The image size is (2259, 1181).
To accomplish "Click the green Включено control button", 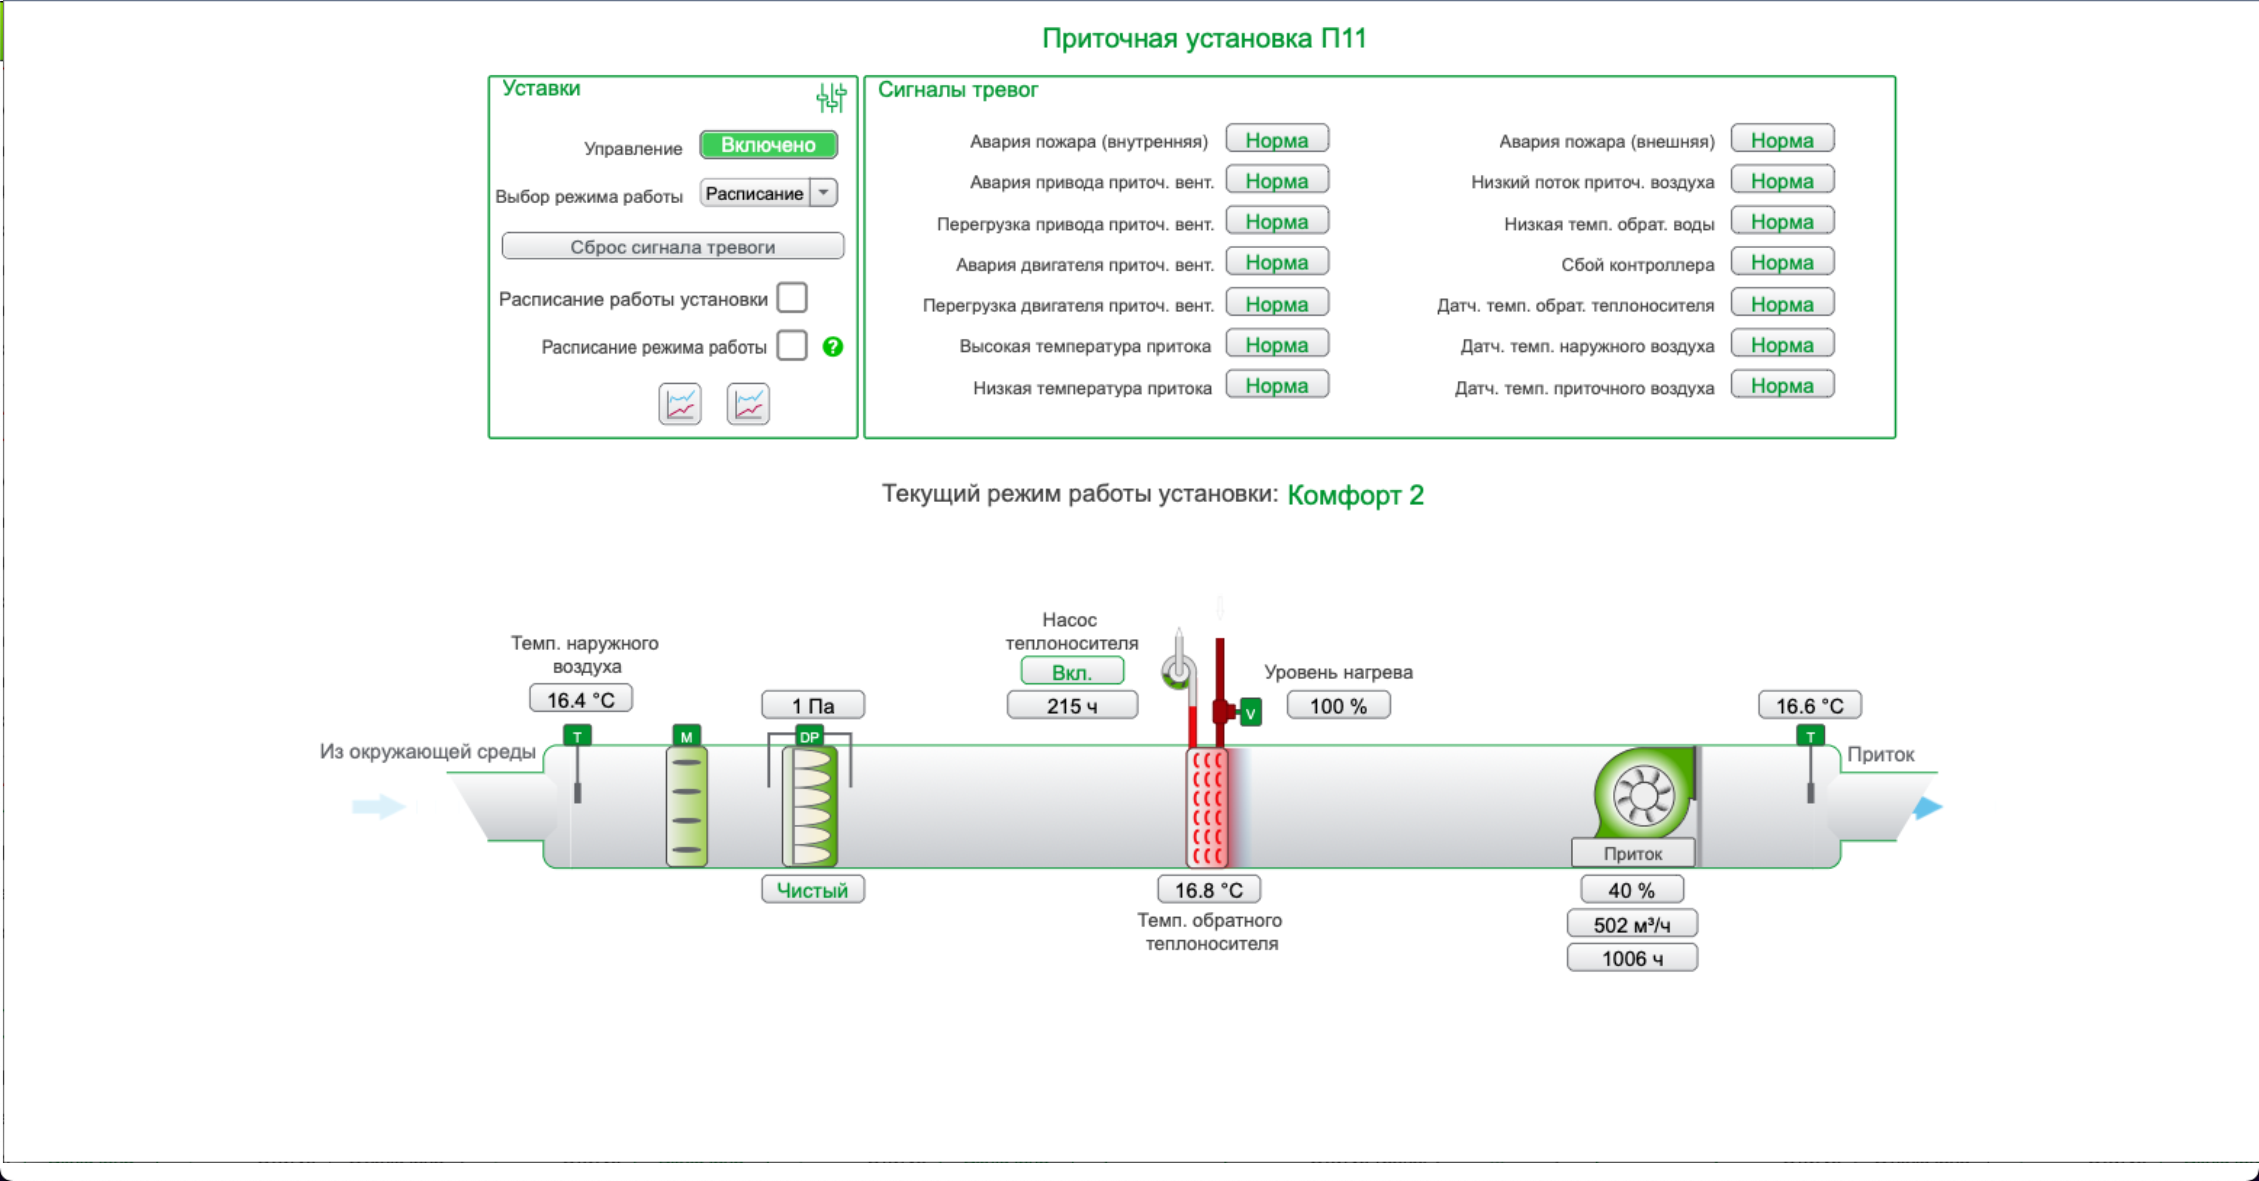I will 768,145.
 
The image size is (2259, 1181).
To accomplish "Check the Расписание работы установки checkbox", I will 792,297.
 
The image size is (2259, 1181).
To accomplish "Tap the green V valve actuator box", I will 1251,712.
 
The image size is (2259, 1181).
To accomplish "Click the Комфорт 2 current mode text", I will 1355,495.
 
